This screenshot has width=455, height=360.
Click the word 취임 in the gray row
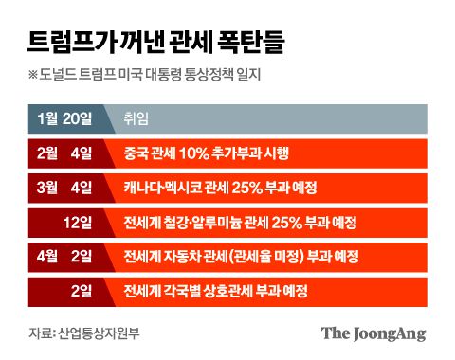(x=136, y=118)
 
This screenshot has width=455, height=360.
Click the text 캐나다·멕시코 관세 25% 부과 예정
(x=226, y=188)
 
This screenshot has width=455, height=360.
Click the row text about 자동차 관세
(x=245, y=257)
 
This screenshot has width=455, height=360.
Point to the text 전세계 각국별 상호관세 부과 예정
(x=226, y=290)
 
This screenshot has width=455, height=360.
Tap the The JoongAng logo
(x=373, y=333)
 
